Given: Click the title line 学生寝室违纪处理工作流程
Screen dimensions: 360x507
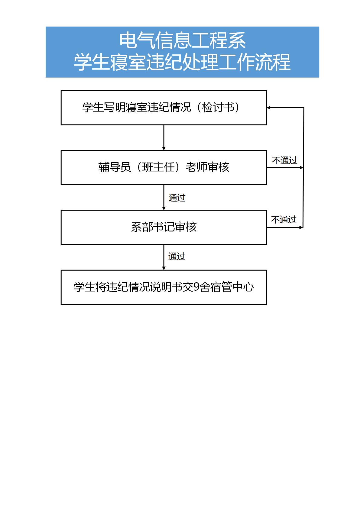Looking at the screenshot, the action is click(x=182, y=62).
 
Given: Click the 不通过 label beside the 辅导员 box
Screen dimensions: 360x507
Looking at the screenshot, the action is click(x=284, y=160).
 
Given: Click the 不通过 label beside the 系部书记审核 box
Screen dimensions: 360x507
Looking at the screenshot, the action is click(x=284, y=219).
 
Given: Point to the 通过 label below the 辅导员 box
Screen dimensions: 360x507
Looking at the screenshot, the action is click(x=177, y=198).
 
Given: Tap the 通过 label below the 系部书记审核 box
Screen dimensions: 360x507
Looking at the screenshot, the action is click(x=177, y=257).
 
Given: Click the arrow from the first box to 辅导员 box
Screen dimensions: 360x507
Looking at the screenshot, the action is click(x=164, y=137).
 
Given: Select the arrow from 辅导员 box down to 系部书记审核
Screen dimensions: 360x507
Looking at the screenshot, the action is click(x=164, y=197).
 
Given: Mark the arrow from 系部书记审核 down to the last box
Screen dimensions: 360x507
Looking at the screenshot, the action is click(x=164, y=257).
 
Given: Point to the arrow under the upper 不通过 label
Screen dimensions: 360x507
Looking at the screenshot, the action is click(x=285, y=167).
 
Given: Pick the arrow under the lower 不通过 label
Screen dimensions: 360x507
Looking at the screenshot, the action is click(x=285, y=227).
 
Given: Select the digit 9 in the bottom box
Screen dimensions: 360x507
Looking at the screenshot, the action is click(x=196, y=287).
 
